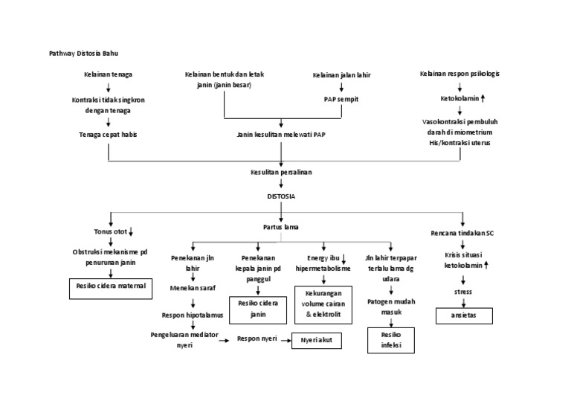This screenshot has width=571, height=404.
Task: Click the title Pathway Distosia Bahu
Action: (x=83, y=54)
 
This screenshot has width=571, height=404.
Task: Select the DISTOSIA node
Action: (x=281, y=196)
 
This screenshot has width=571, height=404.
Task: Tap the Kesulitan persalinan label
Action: (x=281, y=172)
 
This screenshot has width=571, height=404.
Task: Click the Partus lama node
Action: (x=281, y=226)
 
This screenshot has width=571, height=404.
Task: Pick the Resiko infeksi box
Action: (x=391, y=340)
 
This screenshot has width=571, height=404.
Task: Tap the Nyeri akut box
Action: (x=316, y=340)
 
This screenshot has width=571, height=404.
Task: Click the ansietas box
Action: (x=463, y=315)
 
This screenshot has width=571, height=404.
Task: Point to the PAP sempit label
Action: (x=341, y=98)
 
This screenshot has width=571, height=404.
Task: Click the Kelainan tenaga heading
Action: (x=109, y=74)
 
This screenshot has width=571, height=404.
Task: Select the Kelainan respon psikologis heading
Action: (x=459, y=74)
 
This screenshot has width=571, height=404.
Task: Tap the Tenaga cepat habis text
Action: (x=109, y=135)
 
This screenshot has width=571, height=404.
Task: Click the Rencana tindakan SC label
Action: (x=462, y=233)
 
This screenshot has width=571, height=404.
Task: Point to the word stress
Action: (x=462, y=292)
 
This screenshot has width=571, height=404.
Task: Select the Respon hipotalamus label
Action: (x=193, y=315)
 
